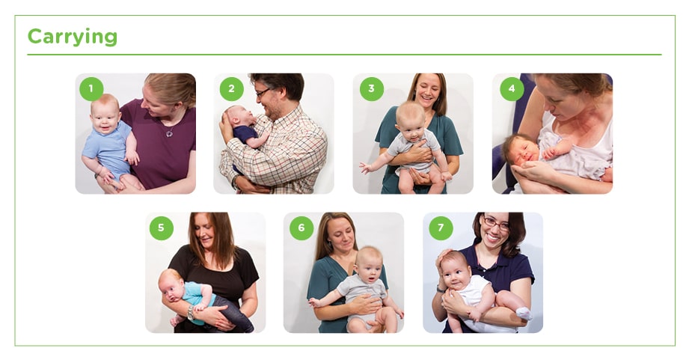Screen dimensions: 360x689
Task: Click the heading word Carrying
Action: tap(72, 37)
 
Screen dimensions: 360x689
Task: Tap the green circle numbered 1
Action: tap(91, 89)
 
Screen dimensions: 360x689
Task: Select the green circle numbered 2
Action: tap(231, 89)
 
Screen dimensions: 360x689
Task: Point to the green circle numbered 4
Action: tap(512, 89)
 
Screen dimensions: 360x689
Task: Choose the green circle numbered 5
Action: tap(161, 228)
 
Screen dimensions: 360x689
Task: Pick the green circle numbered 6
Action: tap(301, 228)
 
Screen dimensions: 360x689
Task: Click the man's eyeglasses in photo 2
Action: tap(263, 94)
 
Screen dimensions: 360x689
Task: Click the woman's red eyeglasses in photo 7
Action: tap(494, 224)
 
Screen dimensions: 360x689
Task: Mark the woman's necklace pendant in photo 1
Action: tap(170, 134)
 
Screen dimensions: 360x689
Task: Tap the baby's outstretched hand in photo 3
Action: tap(364, 168)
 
